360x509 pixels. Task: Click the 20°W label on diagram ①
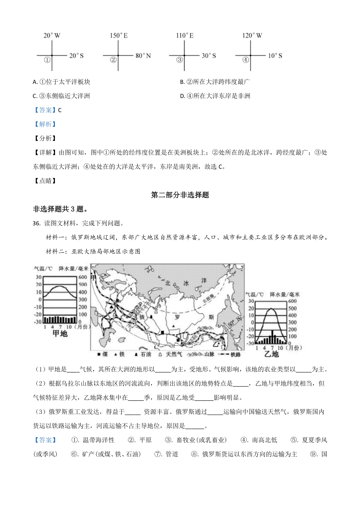pyautogui.click(x=52, y=35)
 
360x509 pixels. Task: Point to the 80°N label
pyautogui.click(x=143, y=56)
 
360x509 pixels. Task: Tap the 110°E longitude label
pyautogui.click(x=185, y=35)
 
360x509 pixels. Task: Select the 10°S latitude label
pyautogui.click(x=275, y=56)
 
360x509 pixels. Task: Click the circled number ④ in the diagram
pyautogui.click(x=245, y=60)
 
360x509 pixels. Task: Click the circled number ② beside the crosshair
pyautogui.click(x=113, y=60)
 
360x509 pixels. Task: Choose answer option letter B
pyautogui.click(x=182, y=82)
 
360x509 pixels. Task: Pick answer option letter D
pyautogui.click(x=182, y=96)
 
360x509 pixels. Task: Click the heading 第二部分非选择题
pyautogui.click(x=180, y=195)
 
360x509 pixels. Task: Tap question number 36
pyautogui.click(x=36, y=223)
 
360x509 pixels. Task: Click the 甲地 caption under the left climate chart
pyautogui.click(x=60, y=333)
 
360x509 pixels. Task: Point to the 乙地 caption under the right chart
pyautogui.click(x=271, y=354)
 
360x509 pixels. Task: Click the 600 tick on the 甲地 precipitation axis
pyautogui.click(x=83, y=277)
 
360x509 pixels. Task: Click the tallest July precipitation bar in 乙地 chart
pyautogui.click(x=272, y=337)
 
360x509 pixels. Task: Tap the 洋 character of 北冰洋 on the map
pyautogui.click(x=204, y=281)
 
